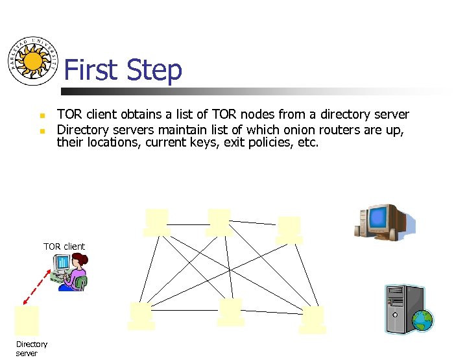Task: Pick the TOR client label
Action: pyautogui.click(x=64, y=246)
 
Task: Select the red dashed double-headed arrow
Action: pyautogui.click(x=37, y=287)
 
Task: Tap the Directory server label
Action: pyautogui.click(x=31, y=348)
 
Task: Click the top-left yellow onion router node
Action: pyautogui.click(x=157, y=221)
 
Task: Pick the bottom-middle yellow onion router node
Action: pyautogui.click(x=231, y=311)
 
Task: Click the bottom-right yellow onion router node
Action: pyautogui.click(x=313, y=319)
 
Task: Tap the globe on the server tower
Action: pyautogui.click(x=422, y=320)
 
